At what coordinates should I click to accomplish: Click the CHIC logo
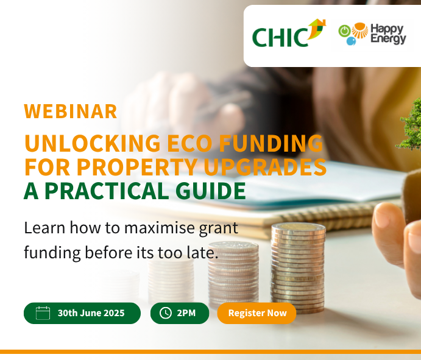click(289, 33)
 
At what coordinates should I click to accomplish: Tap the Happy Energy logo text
click(388, 34)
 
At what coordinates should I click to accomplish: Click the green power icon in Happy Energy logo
click(344, 30)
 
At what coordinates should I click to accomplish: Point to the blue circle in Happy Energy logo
click(351, 41)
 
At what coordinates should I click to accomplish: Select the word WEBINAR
click(71, 111)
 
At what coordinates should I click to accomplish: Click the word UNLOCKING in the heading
click(93, 143)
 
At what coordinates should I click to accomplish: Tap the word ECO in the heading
click(190, 143)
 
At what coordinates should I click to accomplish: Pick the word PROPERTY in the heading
click(137, 167)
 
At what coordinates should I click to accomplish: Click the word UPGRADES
click(265, 167)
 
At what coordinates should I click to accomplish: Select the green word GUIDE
click(211, 191)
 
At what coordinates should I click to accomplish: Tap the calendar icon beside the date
click(43, 313)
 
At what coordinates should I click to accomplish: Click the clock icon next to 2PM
click(166, 313)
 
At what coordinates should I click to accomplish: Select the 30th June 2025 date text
click(91, 313)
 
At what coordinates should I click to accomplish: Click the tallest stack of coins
click(298, 268)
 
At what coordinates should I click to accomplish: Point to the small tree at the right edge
click(409, 125)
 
